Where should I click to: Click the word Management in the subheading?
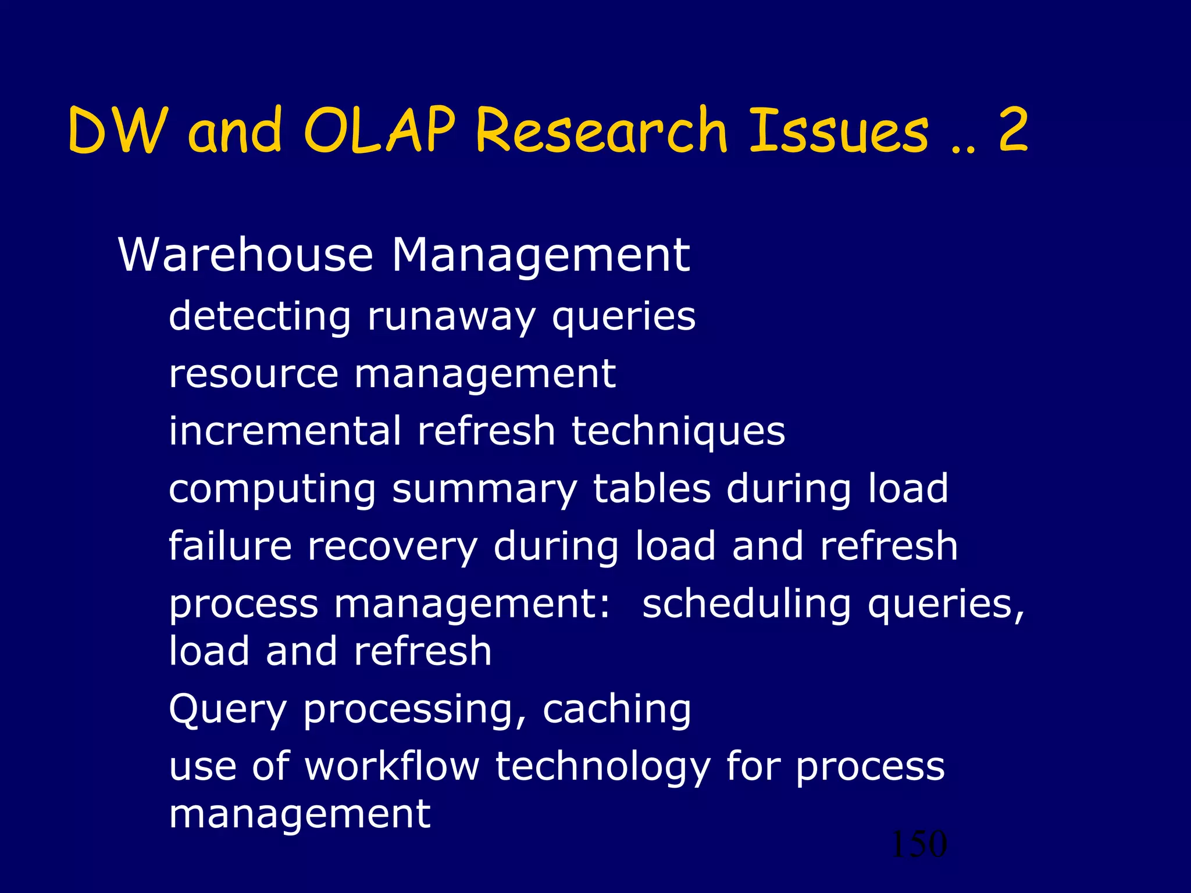540,256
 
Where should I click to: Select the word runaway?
451,317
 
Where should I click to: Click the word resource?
254,373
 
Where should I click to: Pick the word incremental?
285,431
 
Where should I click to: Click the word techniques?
678,432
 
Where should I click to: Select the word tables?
652,488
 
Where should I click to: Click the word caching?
616,710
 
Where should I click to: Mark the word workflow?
393,766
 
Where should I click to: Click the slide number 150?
919,844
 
